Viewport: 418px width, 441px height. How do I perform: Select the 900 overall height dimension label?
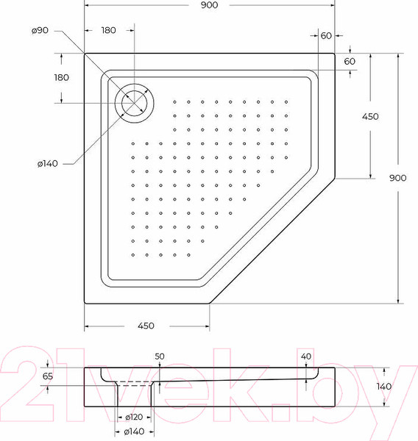pyautogui.click(x=398, y=178)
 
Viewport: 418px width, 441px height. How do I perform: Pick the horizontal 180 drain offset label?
pyautogui.click(x=109, y=30)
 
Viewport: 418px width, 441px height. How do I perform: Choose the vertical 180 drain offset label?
pyautogui.click(x=61, y=77)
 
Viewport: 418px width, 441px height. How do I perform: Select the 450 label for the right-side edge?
pyautogui.click(x=369, y=116)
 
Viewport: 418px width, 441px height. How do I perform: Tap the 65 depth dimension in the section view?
pyautogui.click(x=49, y=376)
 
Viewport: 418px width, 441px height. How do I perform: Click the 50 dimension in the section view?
pyautogui.click(x=160, y=356)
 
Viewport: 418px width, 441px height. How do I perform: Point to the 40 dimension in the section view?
pyautogui.click(x=308, y=356)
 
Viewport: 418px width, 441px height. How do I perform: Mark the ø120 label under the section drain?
pyautogui.click(x=134, y=417)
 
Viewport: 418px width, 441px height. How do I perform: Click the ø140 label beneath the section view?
pyautogui.click(x=134, y=432)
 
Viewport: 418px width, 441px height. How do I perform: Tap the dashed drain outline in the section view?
pyautogui.click(x=135, y=384)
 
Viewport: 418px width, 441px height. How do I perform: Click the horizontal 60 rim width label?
pyautogui.click(x=326, y=36)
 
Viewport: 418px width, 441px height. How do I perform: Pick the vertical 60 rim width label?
pyautogui.click(x=350, y=61)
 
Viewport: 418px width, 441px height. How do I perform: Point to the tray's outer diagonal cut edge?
pyautogui.click(x=272, y=240)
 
